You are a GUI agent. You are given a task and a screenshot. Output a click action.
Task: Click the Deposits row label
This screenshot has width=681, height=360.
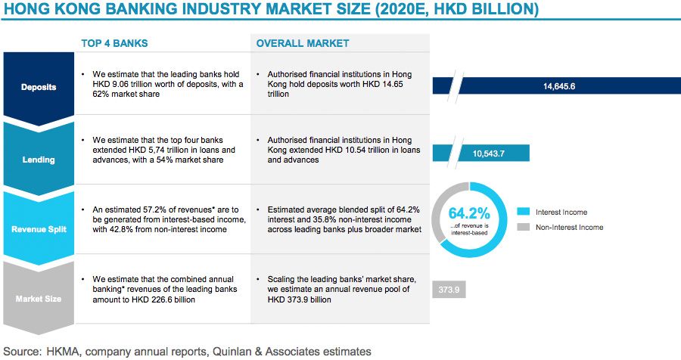[x=38, y=86]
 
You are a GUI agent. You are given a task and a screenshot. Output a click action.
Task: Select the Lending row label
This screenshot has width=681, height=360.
[x=38, y=160]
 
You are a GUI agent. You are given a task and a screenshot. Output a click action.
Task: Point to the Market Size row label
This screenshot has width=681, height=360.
[x=38, y=298]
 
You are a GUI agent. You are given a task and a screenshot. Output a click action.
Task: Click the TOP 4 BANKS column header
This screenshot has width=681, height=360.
[x=115, y=43]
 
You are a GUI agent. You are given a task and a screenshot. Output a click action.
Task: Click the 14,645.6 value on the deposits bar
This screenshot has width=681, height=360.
[x=559, y=86]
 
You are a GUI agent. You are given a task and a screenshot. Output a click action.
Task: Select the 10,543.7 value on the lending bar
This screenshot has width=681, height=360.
[x=487, y=154]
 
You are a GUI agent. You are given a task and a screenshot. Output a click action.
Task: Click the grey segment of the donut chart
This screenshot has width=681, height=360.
[x=439, y=212]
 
